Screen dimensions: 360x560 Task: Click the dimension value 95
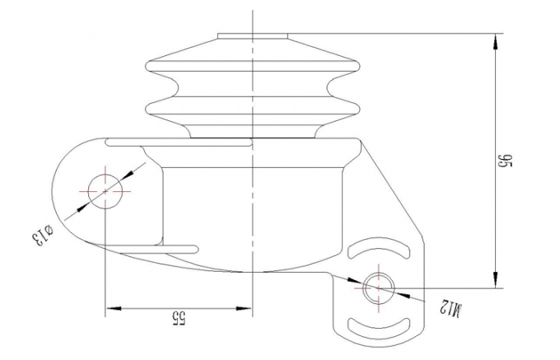(x=507, y=162)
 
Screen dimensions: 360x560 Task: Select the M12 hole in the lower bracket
(x=378, y=287)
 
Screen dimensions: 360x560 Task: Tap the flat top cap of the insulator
(x=252, y=35)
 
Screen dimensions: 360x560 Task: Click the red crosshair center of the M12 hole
(x=378, y=287)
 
